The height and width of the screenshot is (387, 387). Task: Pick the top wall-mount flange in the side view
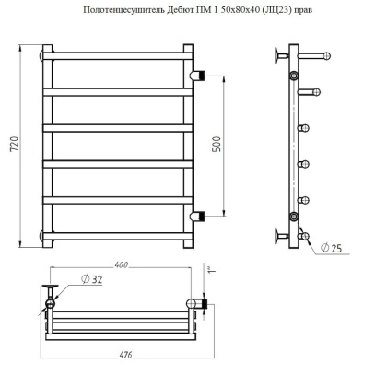[x=277, y=61]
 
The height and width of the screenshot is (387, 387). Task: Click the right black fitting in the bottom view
[x=193, y=302]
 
